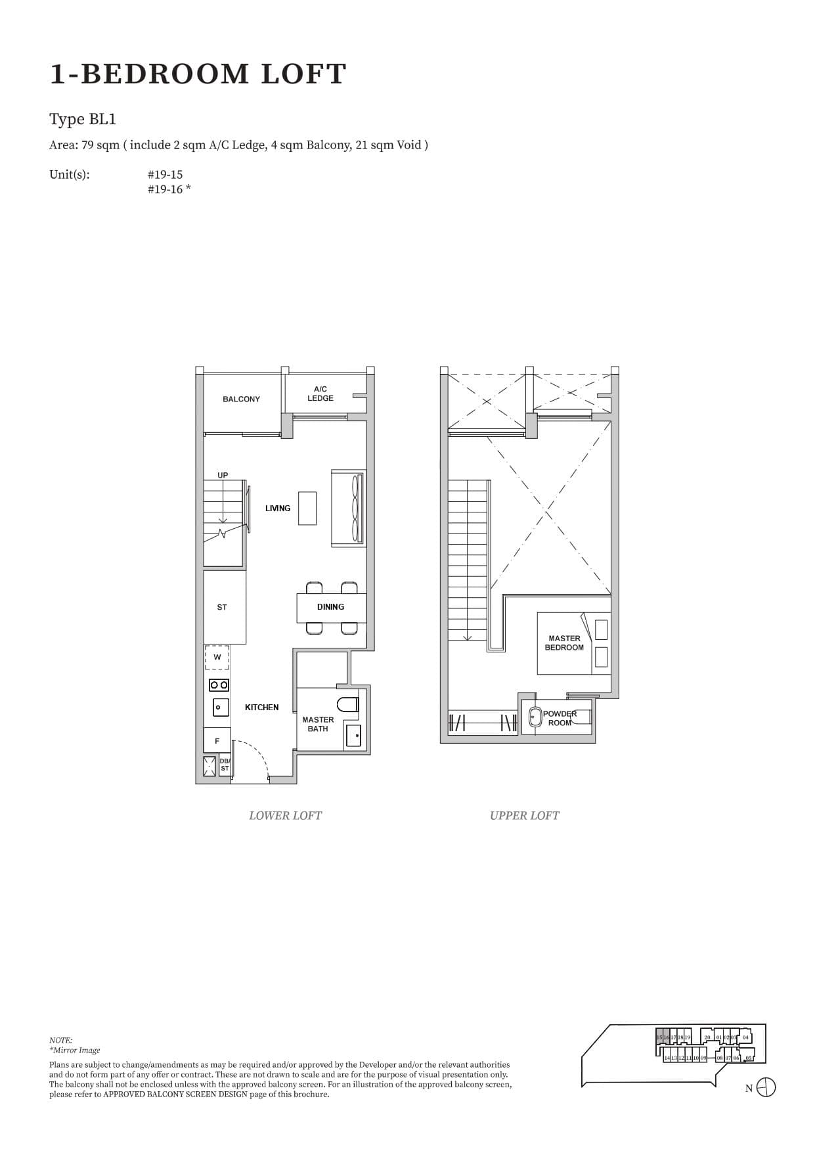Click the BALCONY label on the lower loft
[241, 399]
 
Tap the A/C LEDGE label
[320, 394]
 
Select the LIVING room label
[278, 508]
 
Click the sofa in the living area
[348, 508]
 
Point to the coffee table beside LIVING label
[307, 508]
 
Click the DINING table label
[330, 606]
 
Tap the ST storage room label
[222, 607]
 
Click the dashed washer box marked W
[217, 657]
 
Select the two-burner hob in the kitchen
[219, 685]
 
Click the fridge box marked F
[217, 740]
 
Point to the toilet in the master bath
[348, 704]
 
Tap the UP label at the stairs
[223, 475]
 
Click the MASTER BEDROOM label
[564, 643]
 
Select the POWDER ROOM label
[560, 718]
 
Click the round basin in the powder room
[535, 716]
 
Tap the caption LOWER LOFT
[285, 815]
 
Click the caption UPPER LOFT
[524, 815]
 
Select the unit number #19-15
[165, 175]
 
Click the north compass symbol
[766, 1087]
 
